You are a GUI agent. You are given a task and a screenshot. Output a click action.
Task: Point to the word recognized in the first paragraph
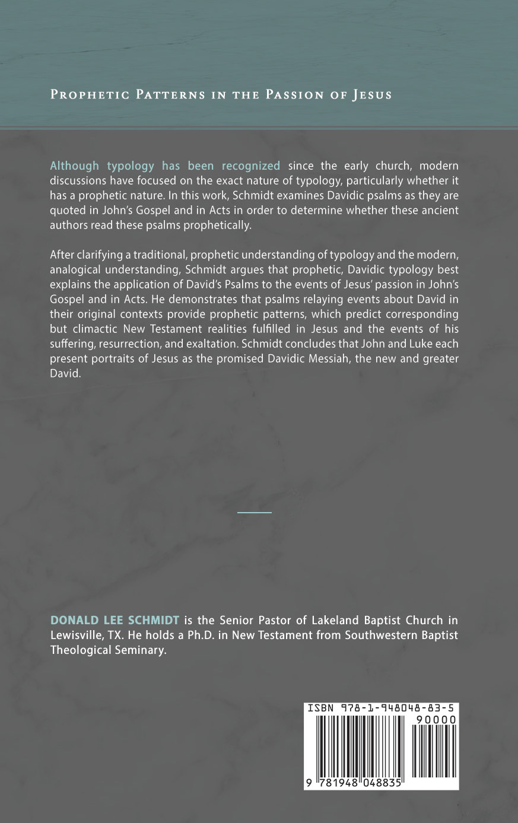250,166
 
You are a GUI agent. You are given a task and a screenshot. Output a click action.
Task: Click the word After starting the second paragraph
61,255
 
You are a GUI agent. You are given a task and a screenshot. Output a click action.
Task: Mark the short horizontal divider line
255,512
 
